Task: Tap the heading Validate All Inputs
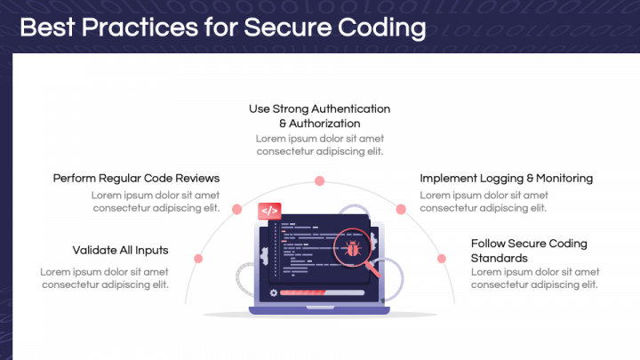(120, 250)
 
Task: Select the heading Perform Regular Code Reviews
(136, 178)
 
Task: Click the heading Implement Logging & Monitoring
(506, 178)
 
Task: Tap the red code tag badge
(269, 212)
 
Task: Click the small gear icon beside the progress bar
(268, 292)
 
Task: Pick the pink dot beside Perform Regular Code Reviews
(236, 210)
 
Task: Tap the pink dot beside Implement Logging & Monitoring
(401, 210)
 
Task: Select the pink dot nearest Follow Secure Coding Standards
(441, 258)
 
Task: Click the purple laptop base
(320, 309)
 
